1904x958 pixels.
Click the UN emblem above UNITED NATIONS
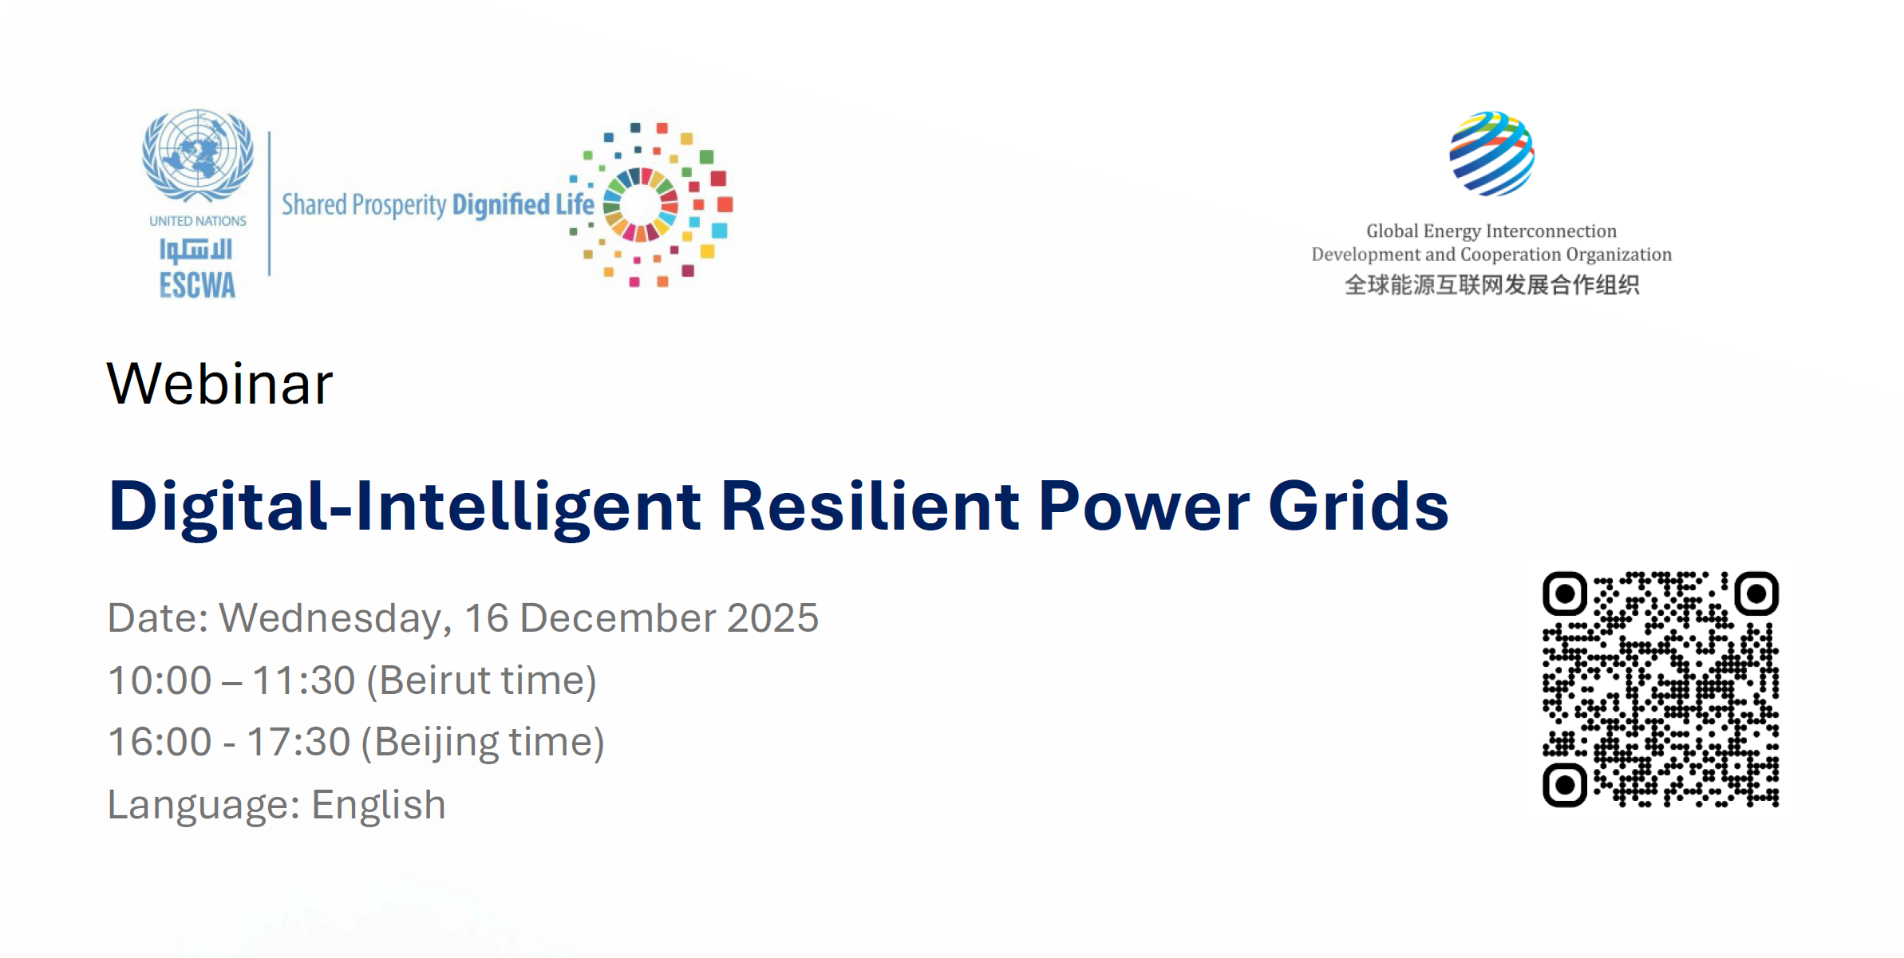pos(198,156)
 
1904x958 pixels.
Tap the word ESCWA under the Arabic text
pos(197,286)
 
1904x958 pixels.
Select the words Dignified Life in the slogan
pos(523,205)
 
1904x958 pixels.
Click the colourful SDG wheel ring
pos(641,204)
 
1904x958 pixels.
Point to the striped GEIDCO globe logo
pos(1491,154)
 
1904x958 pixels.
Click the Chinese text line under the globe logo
pos(1491,285)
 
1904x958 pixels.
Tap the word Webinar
pos(219,384)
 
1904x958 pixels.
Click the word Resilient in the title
pos(870,506)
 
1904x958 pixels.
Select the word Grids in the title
pos(1358,506)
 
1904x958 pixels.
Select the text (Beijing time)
pos(483,743)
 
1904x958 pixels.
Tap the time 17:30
pos(298,742)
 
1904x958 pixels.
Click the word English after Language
pos(378,806)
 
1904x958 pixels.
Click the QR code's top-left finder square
pos(1565,593)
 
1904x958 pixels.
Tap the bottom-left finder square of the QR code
pos(1565,785)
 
